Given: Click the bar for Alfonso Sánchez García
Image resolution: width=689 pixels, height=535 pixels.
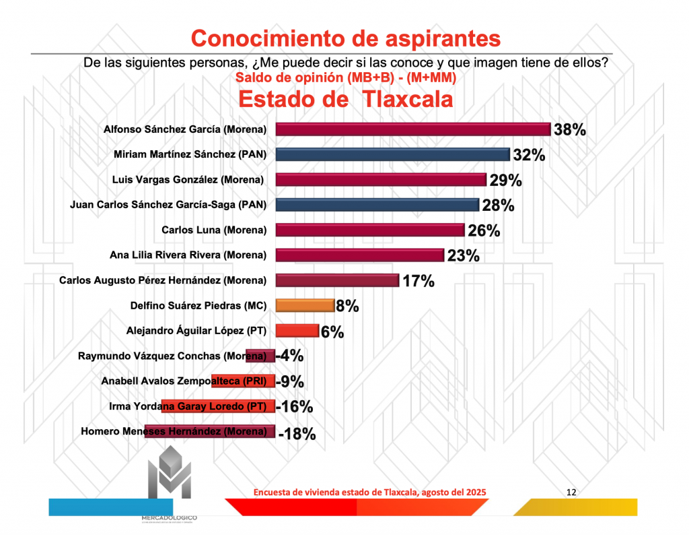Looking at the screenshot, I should pos(413,129).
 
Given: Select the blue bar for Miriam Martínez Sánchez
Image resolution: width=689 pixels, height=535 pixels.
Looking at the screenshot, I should pos(393,154).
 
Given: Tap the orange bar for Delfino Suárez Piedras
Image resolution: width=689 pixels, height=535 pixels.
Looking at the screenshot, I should pos(305,306).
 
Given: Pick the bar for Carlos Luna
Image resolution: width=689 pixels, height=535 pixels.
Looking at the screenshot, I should pos(370,230).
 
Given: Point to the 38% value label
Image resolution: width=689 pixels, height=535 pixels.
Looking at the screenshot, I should pos(569,129).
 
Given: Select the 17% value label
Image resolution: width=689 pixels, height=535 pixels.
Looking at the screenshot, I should pos(418,281).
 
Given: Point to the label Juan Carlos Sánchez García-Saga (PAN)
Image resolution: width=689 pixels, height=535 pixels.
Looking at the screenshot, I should pos(168,205).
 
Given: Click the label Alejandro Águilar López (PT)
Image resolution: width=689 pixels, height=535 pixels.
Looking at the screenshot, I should pos(196,331).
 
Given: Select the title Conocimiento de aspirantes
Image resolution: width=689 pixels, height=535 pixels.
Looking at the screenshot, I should pos(346,38).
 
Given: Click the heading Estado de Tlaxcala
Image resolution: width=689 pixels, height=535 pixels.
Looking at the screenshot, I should pos(345,100).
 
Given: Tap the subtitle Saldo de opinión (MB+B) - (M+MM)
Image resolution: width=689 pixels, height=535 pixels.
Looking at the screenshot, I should pos(346,77).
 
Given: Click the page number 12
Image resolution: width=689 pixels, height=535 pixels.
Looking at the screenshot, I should pos(571,492).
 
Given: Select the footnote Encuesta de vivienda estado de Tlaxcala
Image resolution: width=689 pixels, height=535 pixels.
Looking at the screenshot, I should pos(369,493).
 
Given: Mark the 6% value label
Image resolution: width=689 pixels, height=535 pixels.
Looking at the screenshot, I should pos(332,332).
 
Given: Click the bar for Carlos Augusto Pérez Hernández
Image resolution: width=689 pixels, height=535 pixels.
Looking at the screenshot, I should pos(338,280).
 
